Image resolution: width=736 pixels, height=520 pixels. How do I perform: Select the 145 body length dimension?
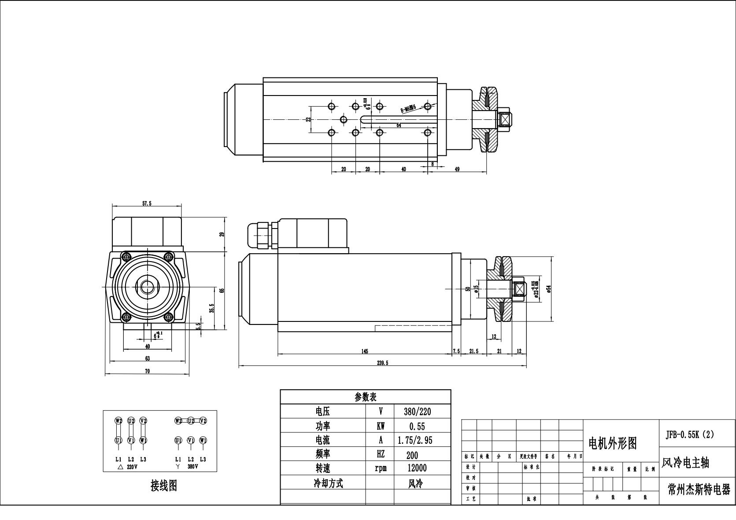pos(365,351)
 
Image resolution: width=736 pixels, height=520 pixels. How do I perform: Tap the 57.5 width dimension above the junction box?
pos(147,203)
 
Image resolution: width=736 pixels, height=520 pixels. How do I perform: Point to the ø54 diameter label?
pos(549,289)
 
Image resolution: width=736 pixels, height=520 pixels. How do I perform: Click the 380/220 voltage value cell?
pos(417,412)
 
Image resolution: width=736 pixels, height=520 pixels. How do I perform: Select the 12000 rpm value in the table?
pos(417,468)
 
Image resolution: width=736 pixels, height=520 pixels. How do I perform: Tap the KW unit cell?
pos(380,426)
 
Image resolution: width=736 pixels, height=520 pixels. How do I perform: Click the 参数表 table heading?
pos(366,397)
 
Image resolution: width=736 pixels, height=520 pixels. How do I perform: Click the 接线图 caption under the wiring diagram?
pos(164,486)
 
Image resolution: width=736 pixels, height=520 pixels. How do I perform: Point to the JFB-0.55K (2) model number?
pos(689,434)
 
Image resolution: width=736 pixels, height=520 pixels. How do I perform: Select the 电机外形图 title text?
pos(613,443)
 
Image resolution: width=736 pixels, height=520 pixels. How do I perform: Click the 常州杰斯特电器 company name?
pos(699,490)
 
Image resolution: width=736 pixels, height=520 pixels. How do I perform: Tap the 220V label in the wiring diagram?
pos(132,466)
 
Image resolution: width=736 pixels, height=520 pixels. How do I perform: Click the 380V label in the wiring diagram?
pos(193,466)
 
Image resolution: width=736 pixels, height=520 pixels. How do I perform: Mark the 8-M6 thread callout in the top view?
pos(408,108)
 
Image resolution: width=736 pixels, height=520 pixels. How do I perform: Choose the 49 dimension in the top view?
pos(457,169)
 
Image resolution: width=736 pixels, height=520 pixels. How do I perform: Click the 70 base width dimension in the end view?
pos(147,371)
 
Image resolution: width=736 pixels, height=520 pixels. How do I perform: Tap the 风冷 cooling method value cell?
pos(415,483)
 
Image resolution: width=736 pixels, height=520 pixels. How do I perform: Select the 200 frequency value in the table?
pos(413,455)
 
